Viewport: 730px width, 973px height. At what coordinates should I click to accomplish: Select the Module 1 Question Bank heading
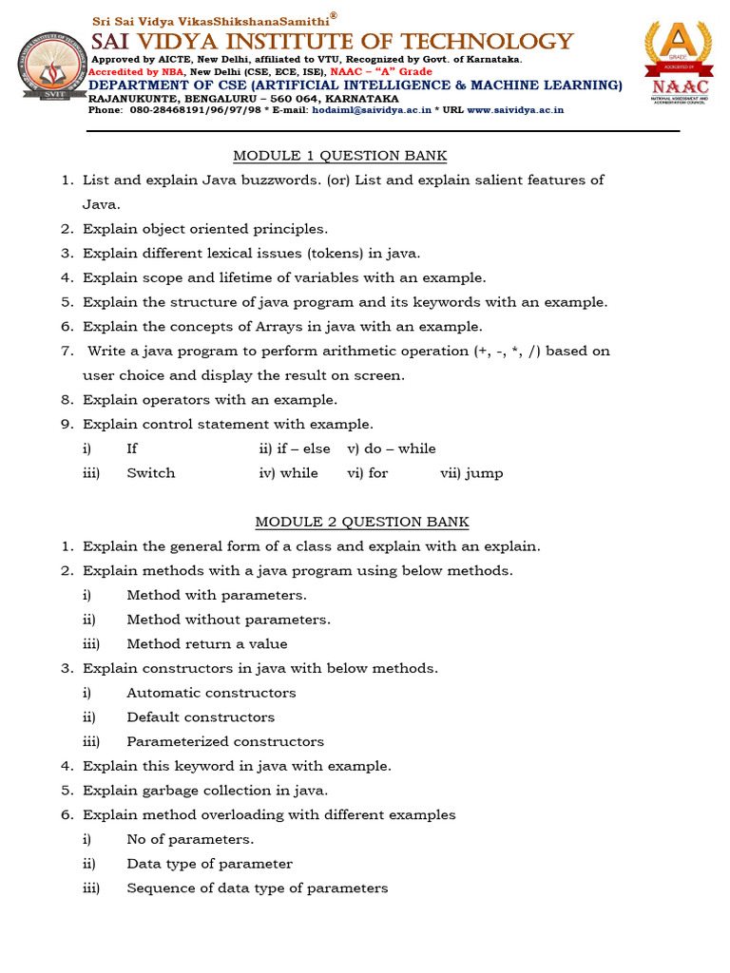pyautogui.click(x=339, y=156)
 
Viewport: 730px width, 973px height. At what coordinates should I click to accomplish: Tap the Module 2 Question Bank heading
pyautogui.click(x=361, y=522)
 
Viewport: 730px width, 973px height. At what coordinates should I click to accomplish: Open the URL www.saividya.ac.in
pyautogui.click(x=514, y=110)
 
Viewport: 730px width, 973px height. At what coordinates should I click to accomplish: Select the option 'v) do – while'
pyautogui.click(x=392, y=448)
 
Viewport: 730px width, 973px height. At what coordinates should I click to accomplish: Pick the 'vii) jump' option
pyautogui.click(x=471, y=473)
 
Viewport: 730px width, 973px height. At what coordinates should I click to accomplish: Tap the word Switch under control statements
pyautogui.click(x=151, y=473)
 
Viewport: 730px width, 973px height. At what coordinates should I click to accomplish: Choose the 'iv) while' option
pyautogui.click(x=289, y=473)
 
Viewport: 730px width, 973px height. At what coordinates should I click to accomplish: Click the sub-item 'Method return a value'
pyautogui.click(x=207, y=644)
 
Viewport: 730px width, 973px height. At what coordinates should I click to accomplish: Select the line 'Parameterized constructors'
pyautogui.click(x=225, y=742)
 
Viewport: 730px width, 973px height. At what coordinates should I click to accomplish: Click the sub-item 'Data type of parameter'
pyautogui.click(x=209, y=864)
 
